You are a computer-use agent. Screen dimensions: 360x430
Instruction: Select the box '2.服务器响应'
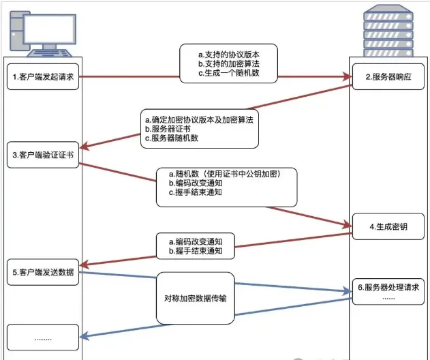click(x=387, y=77)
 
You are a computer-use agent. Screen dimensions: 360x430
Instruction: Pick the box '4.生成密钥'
click(x=387, y=225)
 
